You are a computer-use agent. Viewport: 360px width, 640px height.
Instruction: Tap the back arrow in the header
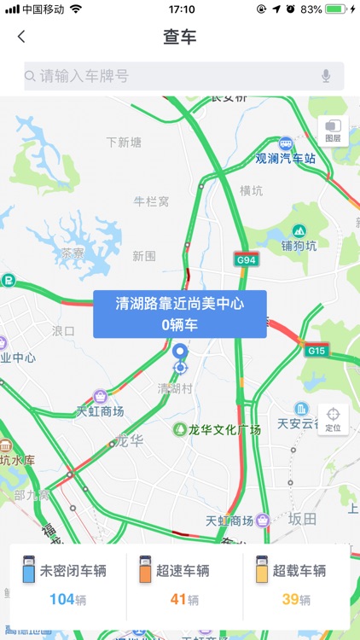(21, 37)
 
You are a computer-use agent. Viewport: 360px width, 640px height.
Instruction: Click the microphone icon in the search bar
(326, 76)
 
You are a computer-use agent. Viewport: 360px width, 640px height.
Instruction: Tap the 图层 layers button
(332, 131)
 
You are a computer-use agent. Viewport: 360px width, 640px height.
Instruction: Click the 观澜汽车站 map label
(286, 158)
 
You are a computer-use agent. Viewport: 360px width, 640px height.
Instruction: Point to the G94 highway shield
(247, 259)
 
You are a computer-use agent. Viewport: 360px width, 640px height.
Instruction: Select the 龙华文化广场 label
(224, 429)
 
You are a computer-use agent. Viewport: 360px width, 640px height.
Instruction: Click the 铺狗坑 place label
(299, 246)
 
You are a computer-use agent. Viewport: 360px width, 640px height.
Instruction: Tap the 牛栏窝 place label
(152, 201)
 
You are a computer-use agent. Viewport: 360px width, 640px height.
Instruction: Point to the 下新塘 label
(124, 142)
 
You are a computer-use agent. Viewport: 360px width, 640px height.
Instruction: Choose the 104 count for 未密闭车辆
(62, 599)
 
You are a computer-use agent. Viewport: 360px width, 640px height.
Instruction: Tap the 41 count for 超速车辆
(178, 599)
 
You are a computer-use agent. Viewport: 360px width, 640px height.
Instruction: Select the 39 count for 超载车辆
(291, 599)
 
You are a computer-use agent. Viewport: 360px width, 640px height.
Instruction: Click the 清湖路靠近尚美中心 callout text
(180, 303)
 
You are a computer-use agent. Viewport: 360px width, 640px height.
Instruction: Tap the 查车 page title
(180, 37)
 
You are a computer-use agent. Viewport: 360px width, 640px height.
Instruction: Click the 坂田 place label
(302, 519)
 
